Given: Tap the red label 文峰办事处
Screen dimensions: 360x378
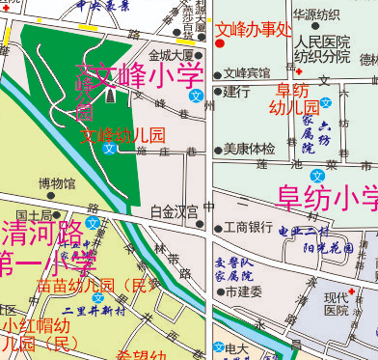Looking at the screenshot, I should (x=254, y=29).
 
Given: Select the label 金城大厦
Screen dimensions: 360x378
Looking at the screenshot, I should (x=172, y=55).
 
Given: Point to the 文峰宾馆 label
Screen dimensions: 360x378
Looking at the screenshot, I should (x=248, y=72).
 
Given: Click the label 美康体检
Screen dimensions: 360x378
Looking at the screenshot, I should (x=250, y=149).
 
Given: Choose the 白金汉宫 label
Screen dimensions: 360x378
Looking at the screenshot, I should (x=175, y=210).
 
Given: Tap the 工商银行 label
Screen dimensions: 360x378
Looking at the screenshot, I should (x=249, y=228).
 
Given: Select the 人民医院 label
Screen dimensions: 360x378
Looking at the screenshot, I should (x=322, y=43).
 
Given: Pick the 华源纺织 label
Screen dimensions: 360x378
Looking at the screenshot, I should (x=316, y=14).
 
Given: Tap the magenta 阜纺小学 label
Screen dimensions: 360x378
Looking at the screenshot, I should (x=329, y=198).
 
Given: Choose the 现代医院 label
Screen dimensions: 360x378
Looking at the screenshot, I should (x=337, y=303).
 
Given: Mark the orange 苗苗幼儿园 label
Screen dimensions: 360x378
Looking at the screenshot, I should (x=96, y=286).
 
